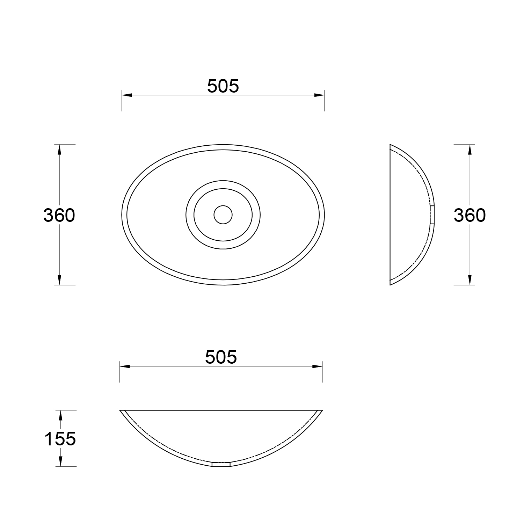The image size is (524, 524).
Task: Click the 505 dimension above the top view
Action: pyautogui.click(x=223, y=86)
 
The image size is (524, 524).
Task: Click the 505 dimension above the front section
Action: pyautogui.click(x=221, y=357)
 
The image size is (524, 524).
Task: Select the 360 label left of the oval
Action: pyautogui.click(x=59, y=215)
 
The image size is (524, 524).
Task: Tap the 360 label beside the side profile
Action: pyautogui.click(x=470, y=215)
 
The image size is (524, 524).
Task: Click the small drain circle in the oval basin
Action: pyautogui.click(x=223, y=214)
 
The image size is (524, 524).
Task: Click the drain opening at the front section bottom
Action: pyautogui.click(x=221, y=464)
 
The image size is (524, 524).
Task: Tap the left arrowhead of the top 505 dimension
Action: pyautogui.click(x=127, y=95)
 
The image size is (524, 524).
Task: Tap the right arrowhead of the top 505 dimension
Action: pyautogui.click(x=319, y=95)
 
